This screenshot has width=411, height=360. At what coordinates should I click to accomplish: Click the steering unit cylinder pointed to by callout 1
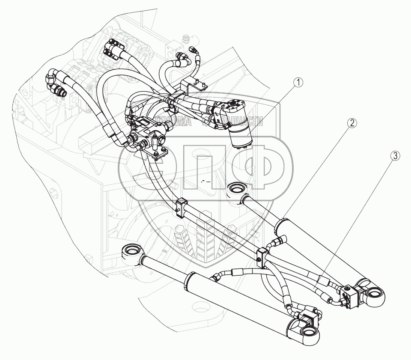pos(241,135)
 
